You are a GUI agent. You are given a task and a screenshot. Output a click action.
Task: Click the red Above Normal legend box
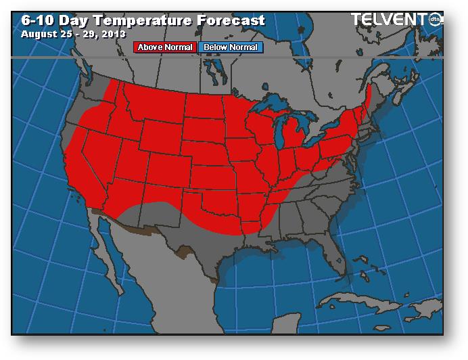tap(165, 47)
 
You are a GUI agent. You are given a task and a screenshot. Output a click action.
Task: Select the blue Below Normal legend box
tap(231, 47)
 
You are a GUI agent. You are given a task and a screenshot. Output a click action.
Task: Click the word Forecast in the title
tap(229, 20)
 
